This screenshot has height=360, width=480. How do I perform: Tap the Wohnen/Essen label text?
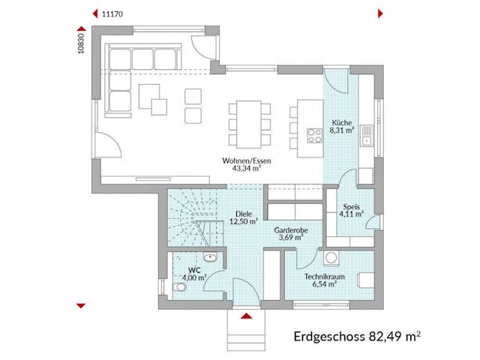click(x=241, y=160)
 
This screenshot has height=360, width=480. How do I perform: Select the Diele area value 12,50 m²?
click(x=244, y=221)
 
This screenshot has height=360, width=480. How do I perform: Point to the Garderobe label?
click(x=289, y=229)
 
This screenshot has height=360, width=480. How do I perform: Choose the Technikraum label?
click(x=323, y=277)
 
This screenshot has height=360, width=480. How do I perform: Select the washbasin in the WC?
click(x=213, y=257)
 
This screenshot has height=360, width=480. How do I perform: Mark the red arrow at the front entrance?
click(x=245, y=316)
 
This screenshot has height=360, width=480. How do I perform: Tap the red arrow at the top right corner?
click(x=381, y=13)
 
